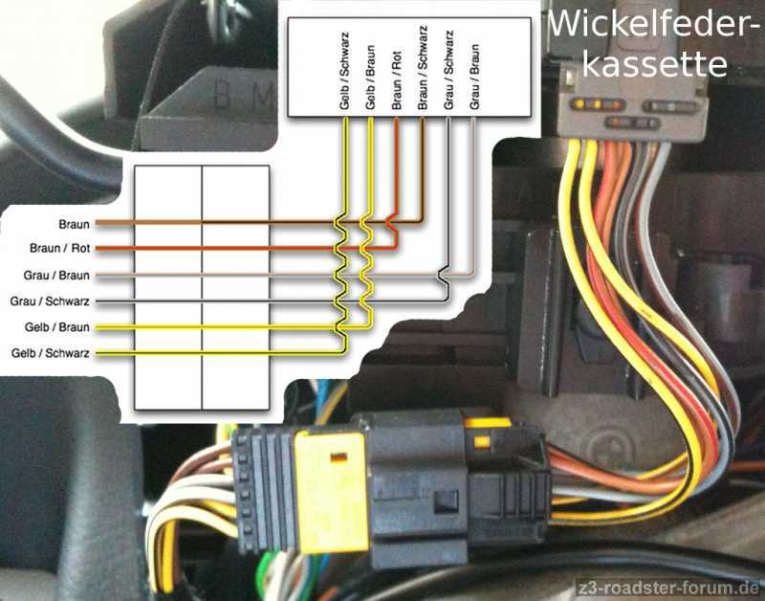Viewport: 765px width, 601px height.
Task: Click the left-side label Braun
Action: click(74, 225)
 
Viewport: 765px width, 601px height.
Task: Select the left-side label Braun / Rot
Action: click(59, 249)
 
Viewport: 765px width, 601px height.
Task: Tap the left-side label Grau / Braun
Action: click(56, 276)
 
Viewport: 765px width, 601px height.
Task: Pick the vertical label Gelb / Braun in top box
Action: click(370, 72)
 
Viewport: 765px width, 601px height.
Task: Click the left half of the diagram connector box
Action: click(168, 287)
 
